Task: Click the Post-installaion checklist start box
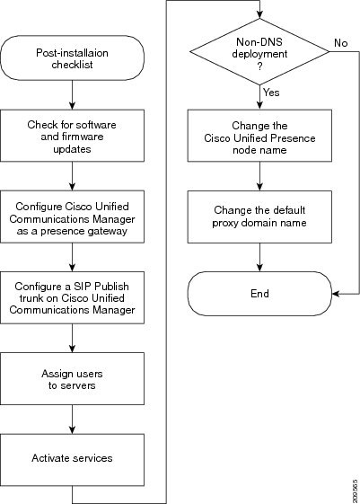click(72, 57)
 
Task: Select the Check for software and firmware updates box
click(72, 136)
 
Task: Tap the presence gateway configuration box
click(72, 217)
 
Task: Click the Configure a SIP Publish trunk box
click(72, 297)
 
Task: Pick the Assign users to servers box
click(72, 378)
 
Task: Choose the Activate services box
click(72, 460)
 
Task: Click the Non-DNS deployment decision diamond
click(259, 52)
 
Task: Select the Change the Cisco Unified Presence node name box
click(259, 136)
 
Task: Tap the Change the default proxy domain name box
click(259, 217)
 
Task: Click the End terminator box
click(259, 294)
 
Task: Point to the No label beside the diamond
click(341, 43)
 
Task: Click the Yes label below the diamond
click(271, 93)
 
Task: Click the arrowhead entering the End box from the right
click(336, 294)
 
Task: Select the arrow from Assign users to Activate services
click(72, 420)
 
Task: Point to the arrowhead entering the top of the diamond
click(259, 14)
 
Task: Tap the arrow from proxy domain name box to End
click(259, 257)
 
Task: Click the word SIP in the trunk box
click(83, 286)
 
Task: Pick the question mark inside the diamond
click(259, 66)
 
